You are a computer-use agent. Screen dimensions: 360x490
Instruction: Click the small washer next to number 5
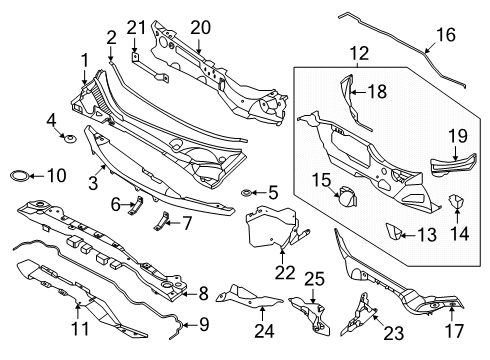pos(247,190)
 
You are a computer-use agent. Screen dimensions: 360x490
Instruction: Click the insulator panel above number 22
pos(272,228)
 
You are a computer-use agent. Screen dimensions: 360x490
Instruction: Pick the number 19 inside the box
pos(456,135)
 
